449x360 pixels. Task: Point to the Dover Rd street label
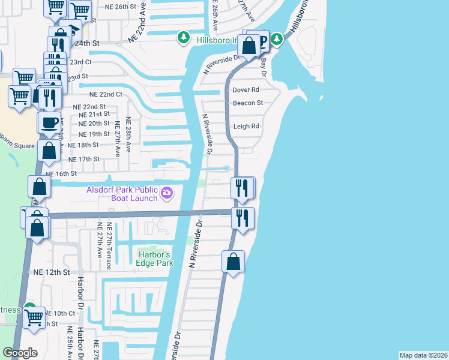[x=246, y=89]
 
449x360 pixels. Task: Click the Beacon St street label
[x=248, y=103]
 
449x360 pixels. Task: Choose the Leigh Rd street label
[x=246, y=127]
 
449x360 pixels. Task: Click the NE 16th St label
[x=62, y=173]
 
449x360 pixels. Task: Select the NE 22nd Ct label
[x=106, y=94]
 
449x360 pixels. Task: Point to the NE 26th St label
[x=112, y=6]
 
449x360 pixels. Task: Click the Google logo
[x=20, y=353]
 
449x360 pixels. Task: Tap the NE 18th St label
[x=83, y=145]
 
